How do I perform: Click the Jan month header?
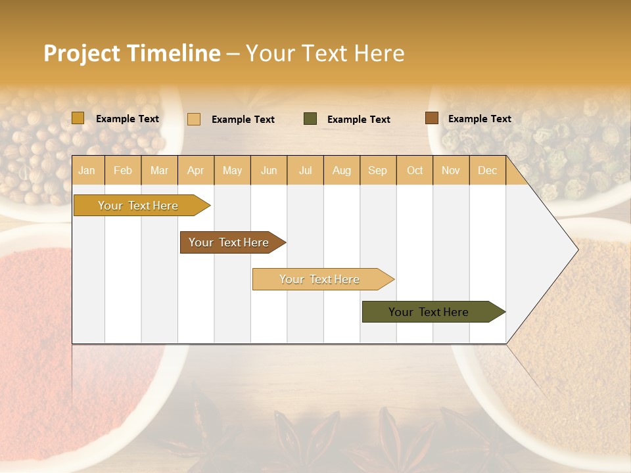[x=87, y=170]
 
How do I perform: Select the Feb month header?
[x=123, y=170]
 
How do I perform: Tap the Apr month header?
[x=195, y=170]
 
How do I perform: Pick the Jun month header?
[x=269, y=170]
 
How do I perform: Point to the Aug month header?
[x=341, y=170]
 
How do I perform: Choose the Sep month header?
[x=377, y=170]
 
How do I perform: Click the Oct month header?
[x=415, y=170]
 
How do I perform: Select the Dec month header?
[x=487, y=170]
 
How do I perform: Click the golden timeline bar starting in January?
[x=138, y=206]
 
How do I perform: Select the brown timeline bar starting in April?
[x=229, y=242]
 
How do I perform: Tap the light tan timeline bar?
[x=319, y=279]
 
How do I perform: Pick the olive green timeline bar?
[x=429, y=312]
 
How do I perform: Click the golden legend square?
[x=78, y=118]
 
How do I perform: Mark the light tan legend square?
[x=194, y=119]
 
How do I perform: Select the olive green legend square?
[x=310, y=119]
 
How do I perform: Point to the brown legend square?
[x=431, y=118]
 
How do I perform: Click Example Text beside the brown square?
[x=479, y=119]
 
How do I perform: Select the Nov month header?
[x=451, y=170]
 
